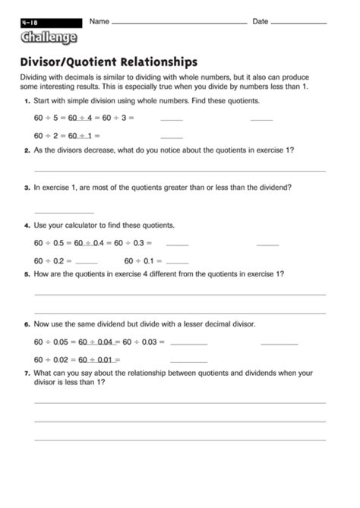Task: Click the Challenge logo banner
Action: point(49,37)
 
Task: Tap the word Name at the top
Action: point(99,21)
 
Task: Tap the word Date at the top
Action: point(260,21)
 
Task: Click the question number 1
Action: point(27,101)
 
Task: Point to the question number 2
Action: point(27,150)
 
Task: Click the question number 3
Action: point(27,187)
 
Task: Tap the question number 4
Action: point(27,226)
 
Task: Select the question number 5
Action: point(27,274)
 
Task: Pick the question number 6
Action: point(27,324)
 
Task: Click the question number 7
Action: point(27,374)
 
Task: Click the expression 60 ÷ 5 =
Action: point(50,118)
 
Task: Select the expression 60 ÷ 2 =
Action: point(50,136)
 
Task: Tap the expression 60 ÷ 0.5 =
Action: point(53,243)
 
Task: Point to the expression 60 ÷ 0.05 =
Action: point(55,342)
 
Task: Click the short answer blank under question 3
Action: point(64,212)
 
